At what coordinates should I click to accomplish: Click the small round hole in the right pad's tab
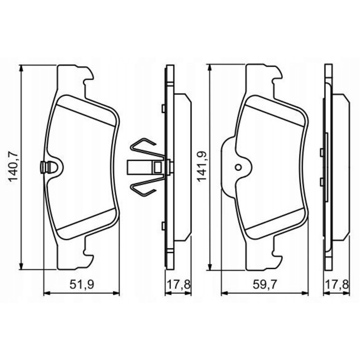(238, 167)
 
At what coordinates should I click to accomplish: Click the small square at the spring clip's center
(157, 167)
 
